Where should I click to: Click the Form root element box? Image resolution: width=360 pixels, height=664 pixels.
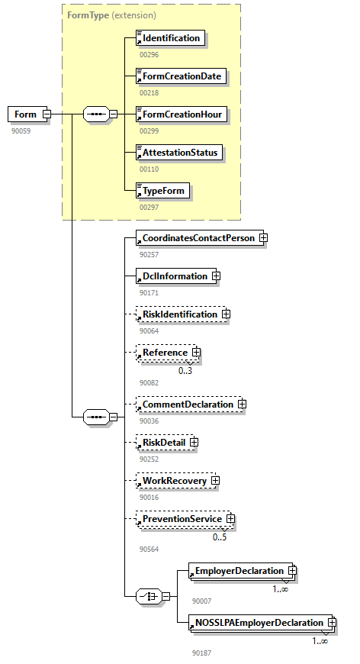[x=25, y=114]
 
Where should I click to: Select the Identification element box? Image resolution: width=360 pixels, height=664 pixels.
[x=170, y=38]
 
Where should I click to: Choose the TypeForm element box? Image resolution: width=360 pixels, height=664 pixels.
[x=162, y=190]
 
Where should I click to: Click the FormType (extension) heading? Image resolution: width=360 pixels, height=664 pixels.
[x=111, y=15]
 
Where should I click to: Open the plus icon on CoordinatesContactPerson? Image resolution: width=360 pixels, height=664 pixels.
[x=262, y=238]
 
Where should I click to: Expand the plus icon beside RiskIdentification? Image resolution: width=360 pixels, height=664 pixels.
[x=226, y=314]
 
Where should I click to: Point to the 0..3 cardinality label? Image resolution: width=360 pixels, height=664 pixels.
[x=185, y=371]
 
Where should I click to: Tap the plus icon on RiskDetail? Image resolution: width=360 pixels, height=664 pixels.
[x=194, y=442]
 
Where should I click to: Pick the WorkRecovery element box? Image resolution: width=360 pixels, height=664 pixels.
[x=174, y=481]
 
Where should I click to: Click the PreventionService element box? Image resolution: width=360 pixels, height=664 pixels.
[x=182, y=519]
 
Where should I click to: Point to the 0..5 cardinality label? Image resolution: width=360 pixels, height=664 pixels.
[x=220, y=537]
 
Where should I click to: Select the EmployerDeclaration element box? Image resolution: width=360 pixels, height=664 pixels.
[x=239, y=571]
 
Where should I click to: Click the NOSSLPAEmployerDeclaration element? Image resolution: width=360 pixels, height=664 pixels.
[x=259, y=623]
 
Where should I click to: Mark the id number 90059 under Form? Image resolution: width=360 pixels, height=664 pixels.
[x=21, y=131]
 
